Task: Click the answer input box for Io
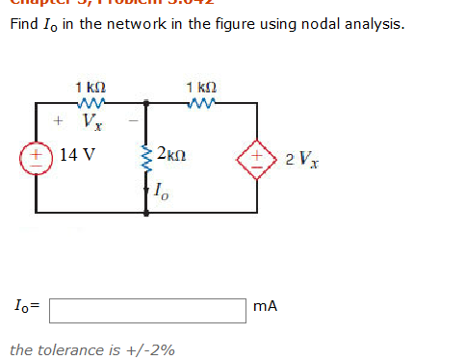(148, 309)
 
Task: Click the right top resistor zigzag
(204, 101)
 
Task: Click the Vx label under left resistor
(90, 122)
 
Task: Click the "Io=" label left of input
(26, 308)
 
